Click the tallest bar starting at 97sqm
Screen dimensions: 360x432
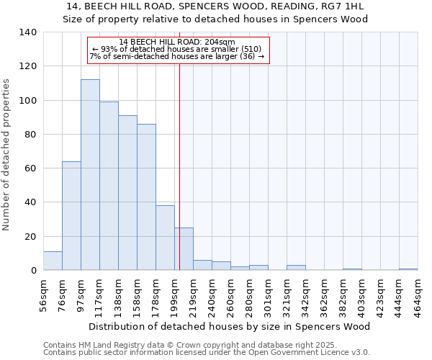click(x=90, y=175)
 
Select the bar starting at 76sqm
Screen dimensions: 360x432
click(x=71, y=216)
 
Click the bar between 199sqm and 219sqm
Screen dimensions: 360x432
click(x=184, y=249)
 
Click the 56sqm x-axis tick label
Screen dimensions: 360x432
click(x=44, y=295)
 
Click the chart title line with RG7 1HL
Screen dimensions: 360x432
click(x=215, y=6)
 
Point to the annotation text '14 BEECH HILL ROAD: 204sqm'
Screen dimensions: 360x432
click(x=177, y=42)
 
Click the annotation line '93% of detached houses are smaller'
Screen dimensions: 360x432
click(x=177, y=49)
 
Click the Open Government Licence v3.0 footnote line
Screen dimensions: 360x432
click(x=206, y=352)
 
